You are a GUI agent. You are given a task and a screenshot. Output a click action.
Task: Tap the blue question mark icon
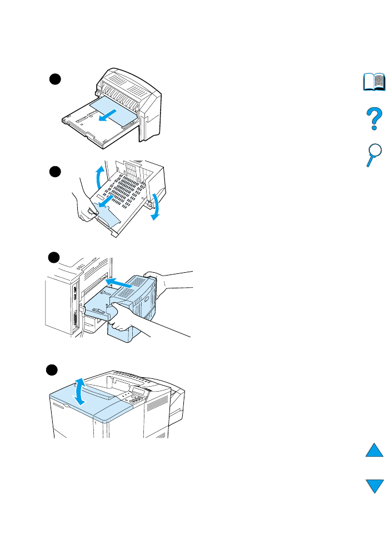[x=374, y=119]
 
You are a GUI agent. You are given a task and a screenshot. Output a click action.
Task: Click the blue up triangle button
[x=374, y=449]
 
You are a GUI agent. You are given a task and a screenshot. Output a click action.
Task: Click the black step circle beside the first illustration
[x=54, y=78]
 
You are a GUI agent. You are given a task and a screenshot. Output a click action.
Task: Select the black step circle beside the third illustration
[x=54, y=257]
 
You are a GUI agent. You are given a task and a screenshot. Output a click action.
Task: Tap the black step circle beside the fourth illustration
[x=54, y=370]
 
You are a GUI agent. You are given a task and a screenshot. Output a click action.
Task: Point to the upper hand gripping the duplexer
[x=167, y=279]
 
